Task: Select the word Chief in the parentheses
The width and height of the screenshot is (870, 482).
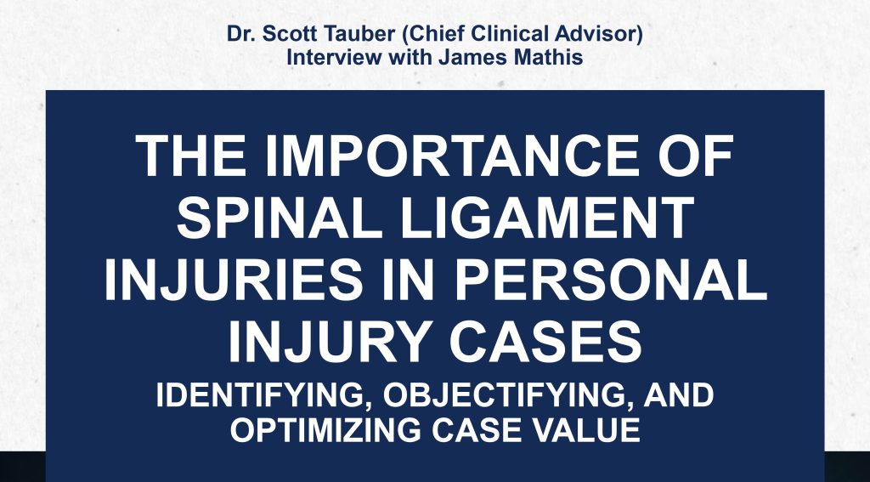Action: tap(433, 33)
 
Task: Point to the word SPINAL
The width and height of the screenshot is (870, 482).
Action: tap(279, 218)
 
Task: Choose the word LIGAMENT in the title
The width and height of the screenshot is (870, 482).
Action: tap(547, 218)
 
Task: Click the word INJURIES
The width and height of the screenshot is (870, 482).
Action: tap(233, 281)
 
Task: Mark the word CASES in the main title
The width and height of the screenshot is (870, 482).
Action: tap(545, 343)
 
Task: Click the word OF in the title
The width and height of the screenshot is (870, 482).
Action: tap(696, 156)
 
